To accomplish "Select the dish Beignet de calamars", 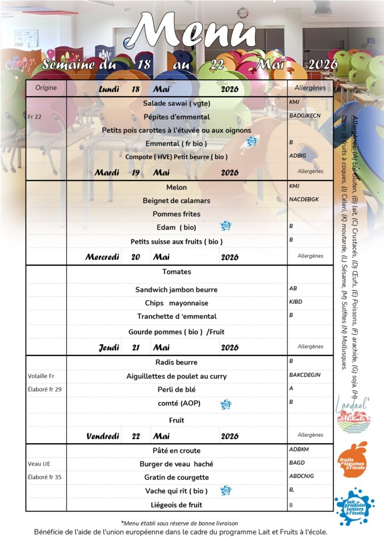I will pyautogui.click(x=177, y=201).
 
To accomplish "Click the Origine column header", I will pyautogui.click(x=46, y=88).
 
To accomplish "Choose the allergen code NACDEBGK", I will pyautogui.click(x=304, y=199).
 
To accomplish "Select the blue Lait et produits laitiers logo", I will pyautogui.click(x=355, y=506).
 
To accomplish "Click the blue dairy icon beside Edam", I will pyautogui.click(x=226, y=226).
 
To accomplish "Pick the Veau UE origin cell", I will pyautogui.click(x=39, y=464).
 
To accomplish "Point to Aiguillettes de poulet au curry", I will pyautogui.click(x=177, y=376).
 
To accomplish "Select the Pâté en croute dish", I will pyautogui.click(x=177, y=450).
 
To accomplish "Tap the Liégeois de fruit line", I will pyautogui.click(x=177, y=505).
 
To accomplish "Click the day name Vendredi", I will pyautogui.click(x=103, y=436).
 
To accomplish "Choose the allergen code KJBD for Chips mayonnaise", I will pyautogui.click(x=297, y=302).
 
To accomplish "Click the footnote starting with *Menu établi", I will pyautogui.click(x=179, y=523).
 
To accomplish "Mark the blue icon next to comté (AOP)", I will pyautogui.click(x=226, y=404).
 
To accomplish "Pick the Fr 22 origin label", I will pyautogui.click(x=35, y=116).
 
